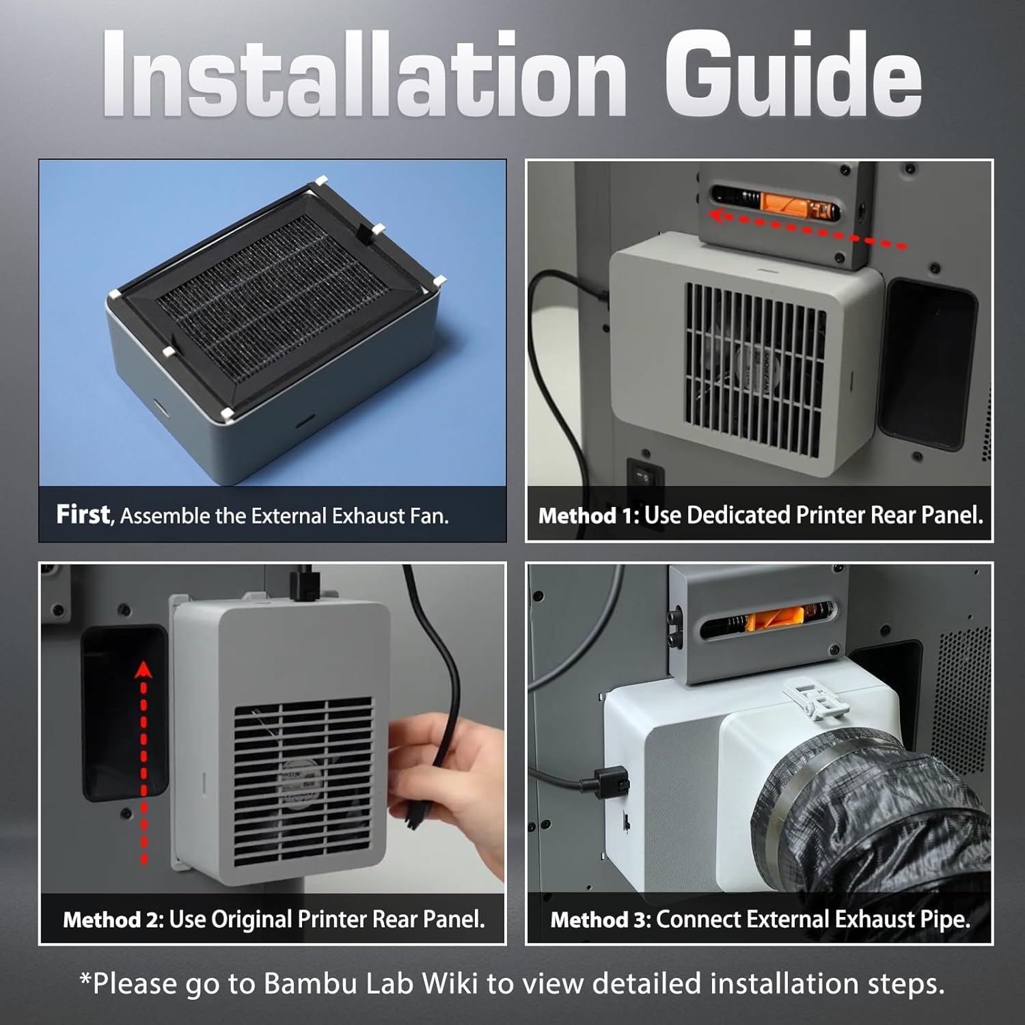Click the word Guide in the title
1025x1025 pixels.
coord(793,74)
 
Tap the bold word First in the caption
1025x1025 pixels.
coord(83,515)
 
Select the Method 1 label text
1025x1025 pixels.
coord(588,515)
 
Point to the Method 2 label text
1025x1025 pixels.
coord(113,919)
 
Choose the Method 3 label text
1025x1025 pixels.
coord(601,920)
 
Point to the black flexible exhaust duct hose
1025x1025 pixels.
coord(881,820)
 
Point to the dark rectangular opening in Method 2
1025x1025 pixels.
coord(123,711)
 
